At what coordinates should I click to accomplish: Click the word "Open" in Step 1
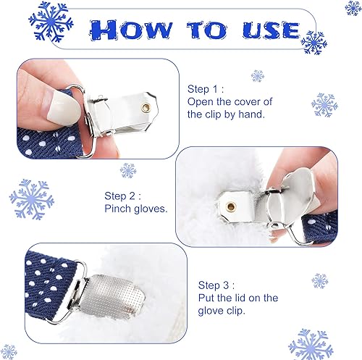click(x=201, y=101)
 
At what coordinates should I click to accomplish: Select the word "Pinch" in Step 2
click(x=118, y=209)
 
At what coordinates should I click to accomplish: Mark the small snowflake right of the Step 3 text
click(x=320, y=280)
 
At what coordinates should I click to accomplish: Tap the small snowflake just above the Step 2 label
click(x=128, y=170)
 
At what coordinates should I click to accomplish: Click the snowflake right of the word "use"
click(x=313, y=43)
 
